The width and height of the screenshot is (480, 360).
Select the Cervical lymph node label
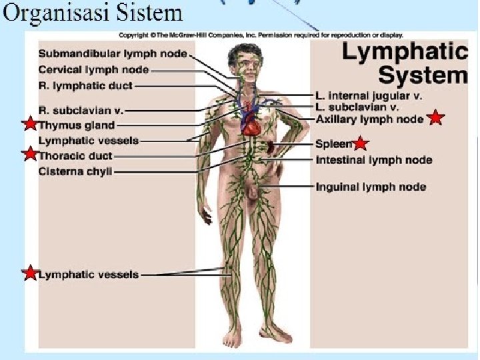click(x=94, y=70)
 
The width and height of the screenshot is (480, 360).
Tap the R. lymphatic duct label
click(x=85, y=86)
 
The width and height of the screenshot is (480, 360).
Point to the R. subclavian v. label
click(x=81, y=110)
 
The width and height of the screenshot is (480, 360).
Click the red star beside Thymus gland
click(x=30, y=124)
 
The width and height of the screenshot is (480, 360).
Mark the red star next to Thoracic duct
click(x=30, y=155)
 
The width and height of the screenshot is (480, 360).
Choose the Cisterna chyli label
click(x=75, y=171)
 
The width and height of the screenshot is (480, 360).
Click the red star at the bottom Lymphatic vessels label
click(x=30, y=273)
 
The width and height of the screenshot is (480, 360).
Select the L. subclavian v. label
click(x=357, y=107)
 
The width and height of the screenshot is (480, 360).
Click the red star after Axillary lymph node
click(x=435, y=118)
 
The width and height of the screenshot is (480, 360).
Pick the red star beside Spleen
click(x=361, y=143)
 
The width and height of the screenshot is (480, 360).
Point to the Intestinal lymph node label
click(x=373, y=160)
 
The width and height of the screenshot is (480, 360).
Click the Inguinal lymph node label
click(x=371, y=187)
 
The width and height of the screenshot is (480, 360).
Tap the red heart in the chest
click(x=249, y=121)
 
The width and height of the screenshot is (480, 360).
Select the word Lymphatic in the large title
click(x=405, y=52)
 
